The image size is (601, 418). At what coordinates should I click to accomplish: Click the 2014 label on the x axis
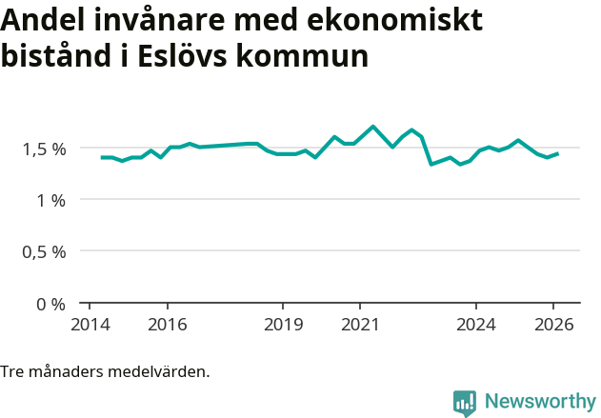tap(90, 324)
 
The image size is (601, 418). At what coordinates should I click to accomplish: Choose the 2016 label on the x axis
tap(167, 324)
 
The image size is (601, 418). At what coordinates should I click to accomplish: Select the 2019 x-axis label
tap(283, 324)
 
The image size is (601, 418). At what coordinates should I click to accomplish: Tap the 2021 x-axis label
tap(360, 324)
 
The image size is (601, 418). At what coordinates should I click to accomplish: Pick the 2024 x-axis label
tap(476, 324)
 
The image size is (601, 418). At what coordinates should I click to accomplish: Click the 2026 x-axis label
tap(553, 324)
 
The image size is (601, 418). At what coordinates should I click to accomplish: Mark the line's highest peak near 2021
tap(372, 127)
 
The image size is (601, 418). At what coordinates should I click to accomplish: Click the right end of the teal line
tap(557, 153)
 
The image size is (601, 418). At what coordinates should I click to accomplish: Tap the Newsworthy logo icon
tap(465, 403)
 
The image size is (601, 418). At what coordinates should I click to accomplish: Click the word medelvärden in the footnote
tap(161, 371)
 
